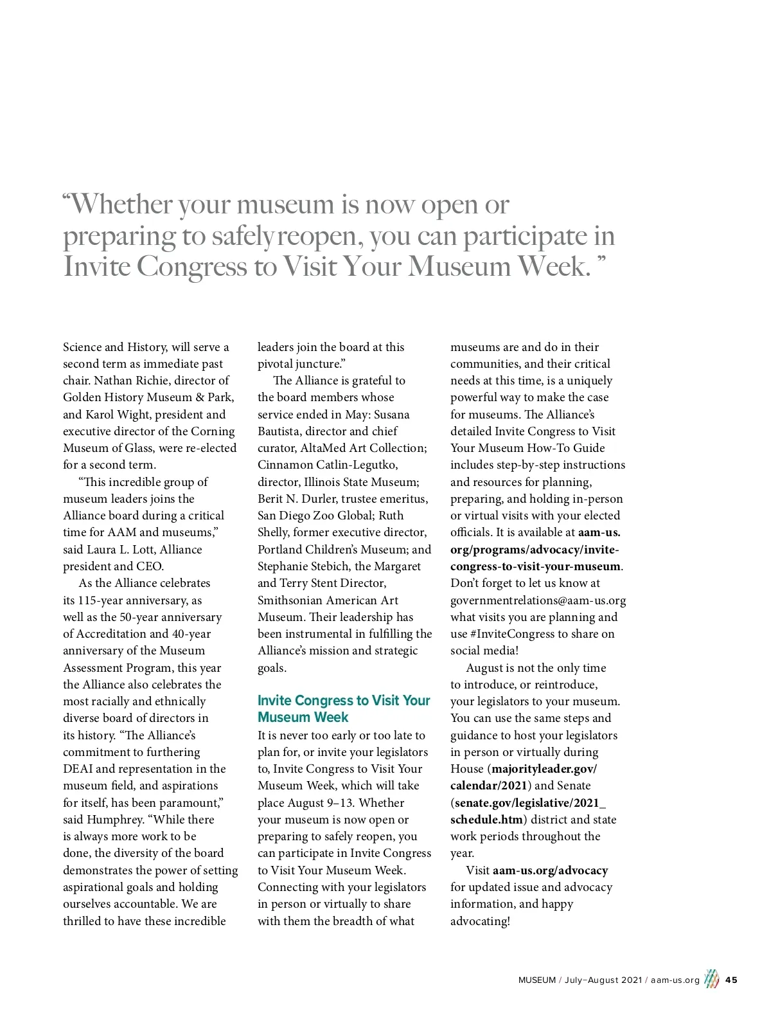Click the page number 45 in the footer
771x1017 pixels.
pos(731,980)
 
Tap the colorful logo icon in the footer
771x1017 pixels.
pos(711,979)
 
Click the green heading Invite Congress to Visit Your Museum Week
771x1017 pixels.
pos(344,708)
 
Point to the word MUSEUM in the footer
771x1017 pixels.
pos(537,980)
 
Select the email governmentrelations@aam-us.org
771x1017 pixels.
pos(538,600)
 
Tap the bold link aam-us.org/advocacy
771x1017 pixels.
pos(550,870)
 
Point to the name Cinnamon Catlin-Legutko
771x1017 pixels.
pos(328,465)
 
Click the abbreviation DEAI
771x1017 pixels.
pos(78,769)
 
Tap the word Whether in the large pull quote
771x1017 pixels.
pos(121,204)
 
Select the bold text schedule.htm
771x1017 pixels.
pos(486,820)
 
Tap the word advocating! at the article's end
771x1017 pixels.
pos(480,921)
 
